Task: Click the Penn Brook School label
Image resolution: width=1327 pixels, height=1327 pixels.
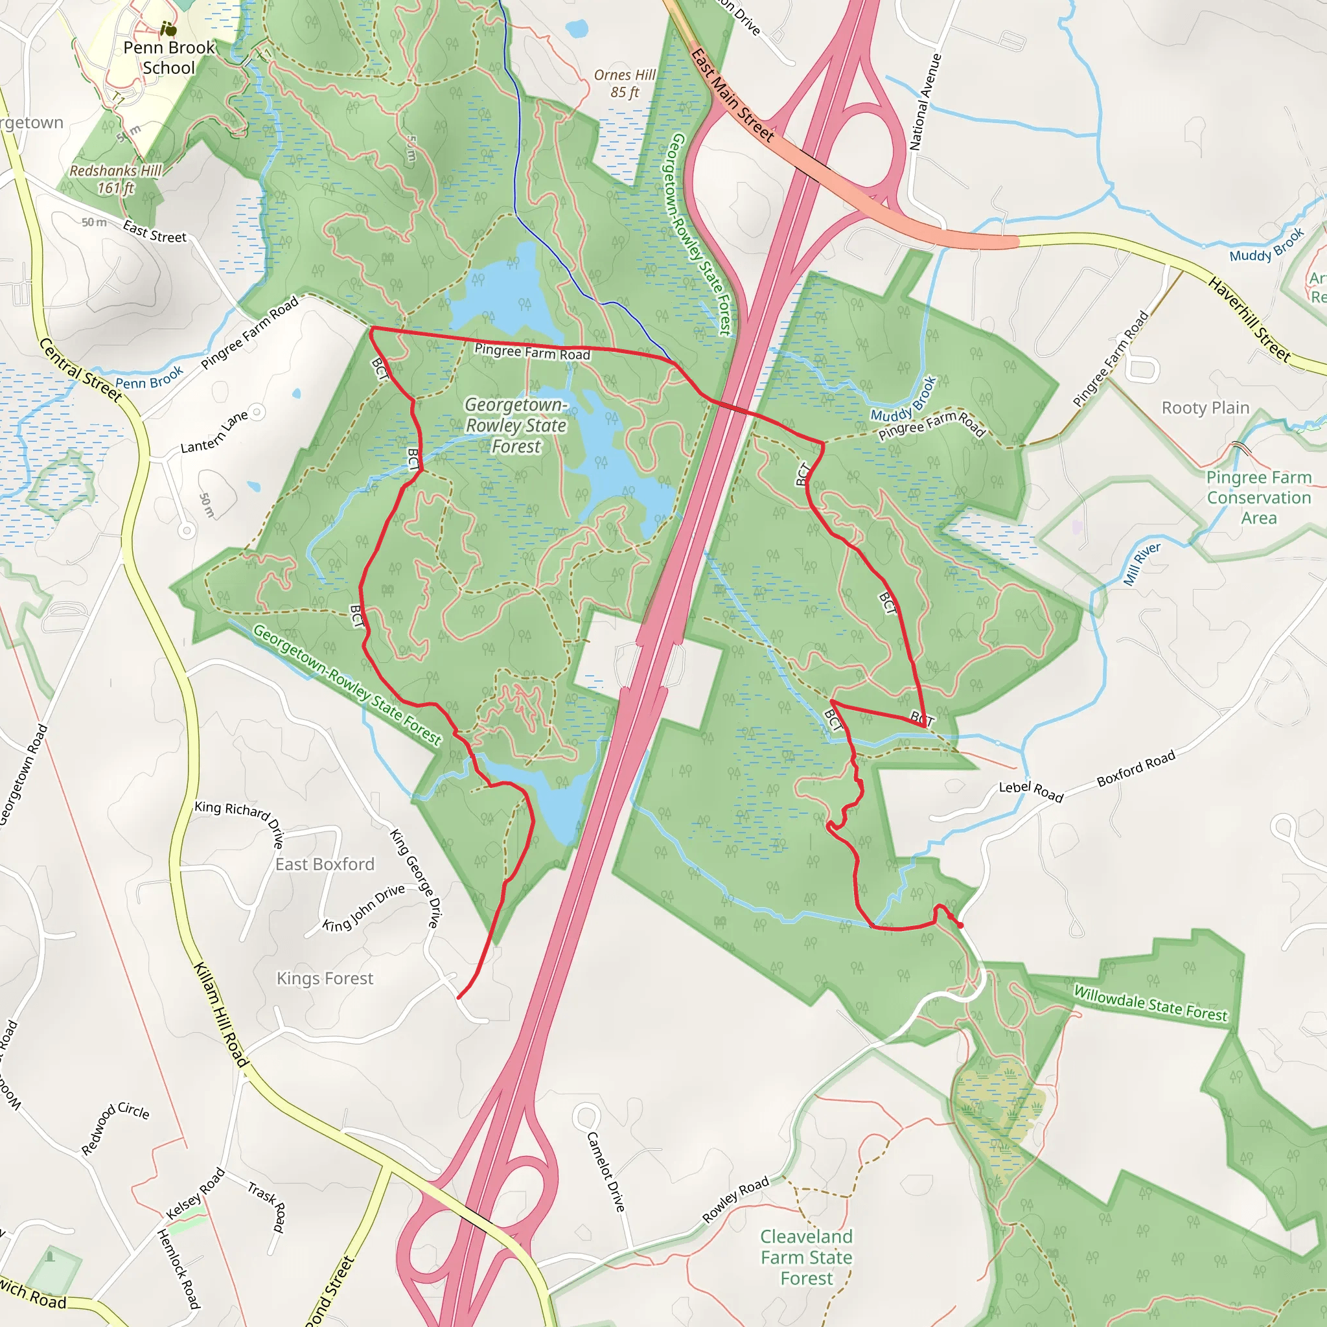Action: [169, 58]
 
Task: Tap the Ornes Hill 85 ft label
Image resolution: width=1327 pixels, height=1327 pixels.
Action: [625, 83]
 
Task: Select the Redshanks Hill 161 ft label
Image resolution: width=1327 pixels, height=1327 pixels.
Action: [115, 179]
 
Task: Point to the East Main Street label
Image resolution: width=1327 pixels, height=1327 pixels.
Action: [732, 95]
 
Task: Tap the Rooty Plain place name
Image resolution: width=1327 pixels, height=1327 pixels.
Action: [1205, 408]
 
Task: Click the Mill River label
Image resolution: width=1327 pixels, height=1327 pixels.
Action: [1142, 564]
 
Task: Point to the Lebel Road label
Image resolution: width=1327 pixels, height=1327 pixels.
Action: [1030, 791]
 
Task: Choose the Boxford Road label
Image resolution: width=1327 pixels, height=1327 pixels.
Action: [1135, 768]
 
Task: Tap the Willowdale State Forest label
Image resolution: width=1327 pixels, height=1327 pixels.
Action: [1150, 1004]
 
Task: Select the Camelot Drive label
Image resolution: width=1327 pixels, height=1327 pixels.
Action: [606, 1171]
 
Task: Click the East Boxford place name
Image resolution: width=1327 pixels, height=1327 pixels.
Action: [325, 864]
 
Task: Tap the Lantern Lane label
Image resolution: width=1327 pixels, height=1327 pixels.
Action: [214, 433]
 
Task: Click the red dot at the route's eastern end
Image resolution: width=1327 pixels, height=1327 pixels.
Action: [960, 925]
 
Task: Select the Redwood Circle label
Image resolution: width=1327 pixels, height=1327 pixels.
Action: [115, 1129]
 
